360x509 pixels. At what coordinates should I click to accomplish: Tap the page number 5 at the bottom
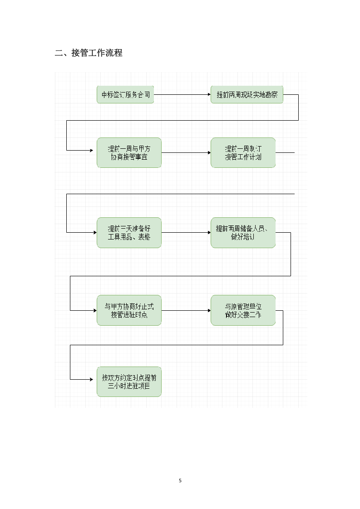[x=180, y=480]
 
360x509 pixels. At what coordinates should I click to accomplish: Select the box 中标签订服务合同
[x=125, y=95]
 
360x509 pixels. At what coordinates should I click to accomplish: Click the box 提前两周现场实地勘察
[x=247, y=95]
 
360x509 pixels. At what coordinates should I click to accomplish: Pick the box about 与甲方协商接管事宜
[x=129, y=153]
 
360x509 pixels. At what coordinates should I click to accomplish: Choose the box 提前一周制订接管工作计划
[x=243, y=153]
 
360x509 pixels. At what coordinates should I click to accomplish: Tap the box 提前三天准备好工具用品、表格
[x=129, y=233]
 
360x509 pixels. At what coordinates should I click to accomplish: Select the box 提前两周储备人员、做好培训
[x=243, y=233]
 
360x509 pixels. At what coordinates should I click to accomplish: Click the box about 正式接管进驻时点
[x=129, y=310]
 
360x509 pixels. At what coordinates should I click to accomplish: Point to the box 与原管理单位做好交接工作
[x=243, y=310]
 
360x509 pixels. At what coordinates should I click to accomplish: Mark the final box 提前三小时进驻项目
[x=129, y=382]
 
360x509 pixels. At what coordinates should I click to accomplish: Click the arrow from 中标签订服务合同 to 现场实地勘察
[x=182, y=95]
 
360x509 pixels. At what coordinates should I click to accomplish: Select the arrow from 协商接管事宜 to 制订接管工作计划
[x=186, y=153]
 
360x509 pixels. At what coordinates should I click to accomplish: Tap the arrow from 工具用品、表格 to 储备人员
[x=186, y=233]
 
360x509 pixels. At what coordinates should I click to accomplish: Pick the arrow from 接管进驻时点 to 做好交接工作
[x=186, y=310]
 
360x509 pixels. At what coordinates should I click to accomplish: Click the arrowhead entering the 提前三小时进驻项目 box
[x=94, y=379]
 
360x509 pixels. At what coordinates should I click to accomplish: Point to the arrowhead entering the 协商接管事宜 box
[x=94, y=150]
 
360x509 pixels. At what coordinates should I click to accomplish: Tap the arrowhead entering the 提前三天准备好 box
[x=94, y=233]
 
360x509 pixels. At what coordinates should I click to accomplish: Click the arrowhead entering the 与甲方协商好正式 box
[x=94, y=310]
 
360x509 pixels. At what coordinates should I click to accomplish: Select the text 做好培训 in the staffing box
[x=243, y=237]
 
